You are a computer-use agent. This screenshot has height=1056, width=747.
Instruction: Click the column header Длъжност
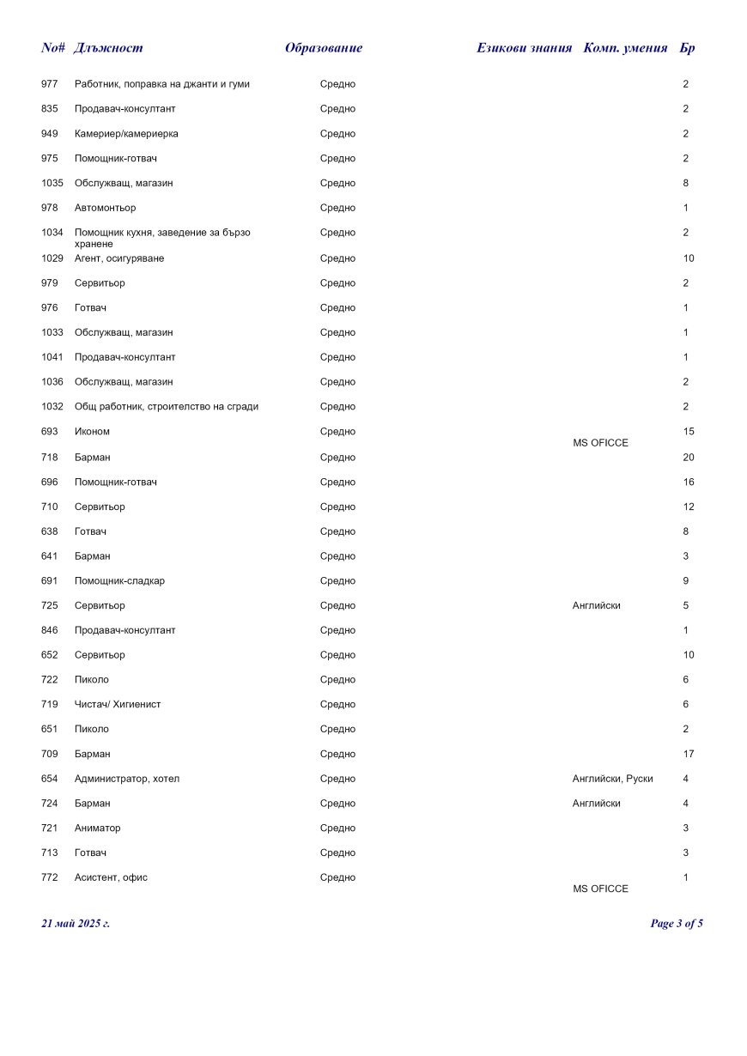tap(108, 48)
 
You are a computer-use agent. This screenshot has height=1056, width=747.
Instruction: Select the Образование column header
tap(324, 48)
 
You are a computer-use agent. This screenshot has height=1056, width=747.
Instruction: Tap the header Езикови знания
tap(524, 48)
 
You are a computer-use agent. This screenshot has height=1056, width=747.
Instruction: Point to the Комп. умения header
tap(625, 48)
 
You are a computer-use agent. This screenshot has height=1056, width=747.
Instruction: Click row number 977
tap(50, 84)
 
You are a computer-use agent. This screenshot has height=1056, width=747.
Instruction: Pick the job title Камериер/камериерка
tap(126, 134)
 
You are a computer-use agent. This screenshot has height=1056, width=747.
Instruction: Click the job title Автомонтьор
tap(105, 208)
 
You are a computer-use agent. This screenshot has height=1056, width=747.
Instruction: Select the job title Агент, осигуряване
tap(119, 258)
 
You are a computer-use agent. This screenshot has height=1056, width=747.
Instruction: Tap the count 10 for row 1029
tap(689, 258)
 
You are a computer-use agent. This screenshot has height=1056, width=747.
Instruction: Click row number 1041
tap(52, 357)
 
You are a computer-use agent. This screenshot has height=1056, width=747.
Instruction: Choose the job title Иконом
tap(92, 432)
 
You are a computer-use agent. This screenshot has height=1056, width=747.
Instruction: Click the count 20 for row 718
tap(689, 458)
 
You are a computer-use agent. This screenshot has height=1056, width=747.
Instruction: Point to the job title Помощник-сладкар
tap(119, 581)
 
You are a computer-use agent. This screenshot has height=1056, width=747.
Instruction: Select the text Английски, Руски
tap(612, 779)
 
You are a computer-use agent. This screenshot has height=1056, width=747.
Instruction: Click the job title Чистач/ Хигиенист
tap(118, 705)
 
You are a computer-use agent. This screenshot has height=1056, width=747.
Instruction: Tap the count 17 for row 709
tap(689, 755)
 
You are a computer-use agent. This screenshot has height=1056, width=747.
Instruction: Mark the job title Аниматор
tap(97, 828)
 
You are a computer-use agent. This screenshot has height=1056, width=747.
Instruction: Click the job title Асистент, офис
tap(111, 877)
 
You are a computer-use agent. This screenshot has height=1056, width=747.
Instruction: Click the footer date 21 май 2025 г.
tap(76, 924)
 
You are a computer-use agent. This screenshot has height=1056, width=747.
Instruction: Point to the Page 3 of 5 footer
tap(677, 924)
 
